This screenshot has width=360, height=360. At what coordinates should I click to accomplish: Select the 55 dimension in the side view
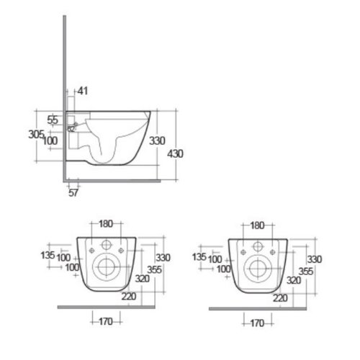click(53, 120)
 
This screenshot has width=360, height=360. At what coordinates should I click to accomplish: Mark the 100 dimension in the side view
click(49, 140)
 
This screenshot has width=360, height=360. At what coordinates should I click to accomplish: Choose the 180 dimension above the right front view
click(256, 226)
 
